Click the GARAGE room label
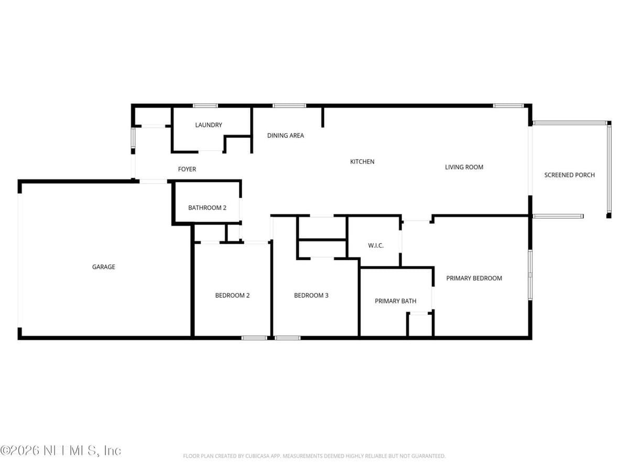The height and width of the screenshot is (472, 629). pyautogui.click(x=103, y=267)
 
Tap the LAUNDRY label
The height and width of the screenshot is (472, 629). pyautogui.click(x=208, y=125)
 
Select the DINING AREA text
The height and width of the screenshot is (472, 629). pyautogui.click(x=286, y=135)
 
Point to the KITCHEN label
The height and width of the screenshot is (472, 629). pyautogui.click(x=362, y=162)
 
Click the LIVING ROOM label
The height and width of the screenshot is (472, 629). pyautogui.click(x=464, y=167)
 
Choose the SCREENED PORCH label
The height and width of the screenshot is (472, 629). pyautogui.click(x=569, y=175)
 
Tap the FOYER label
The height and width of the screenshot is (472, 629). pyautogui.click(x=187, y=169)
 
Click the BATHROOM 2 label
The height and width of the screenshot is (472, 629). pyautogui.click(x=207, y=208)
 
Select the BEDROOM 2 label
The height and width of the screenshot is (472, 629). pyautogui.click(x=232, y=295)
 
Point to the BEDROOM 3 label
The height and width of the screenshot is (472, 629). pyautogui.click(x=311, y=295)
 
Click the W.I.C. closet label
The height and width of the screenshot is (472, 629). pyautogui.click(x=376, y=245)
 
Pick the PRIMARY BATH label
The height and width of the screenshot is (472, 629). pyautogui.click(x=395, y=301)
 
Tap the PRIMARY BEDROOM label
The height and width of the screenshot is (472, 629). pyautogui.click(x=474, y=278)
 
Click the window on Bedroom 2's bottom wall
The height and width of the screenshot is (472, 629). pyautogui.click(x=254, y=338)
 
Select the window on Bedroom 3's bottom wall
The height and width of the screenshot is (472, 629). pyautogui.click(x=287, y=338)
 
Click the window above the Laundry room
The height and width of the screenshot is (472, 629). pyautogui.click(x=205, y=106)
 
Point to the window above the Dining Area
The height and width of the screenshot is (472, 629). pyautogui.click(x=289, y=106)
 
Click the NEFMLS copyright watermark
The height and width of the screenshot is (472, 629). pyautogui.click(x=60, y=451)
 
